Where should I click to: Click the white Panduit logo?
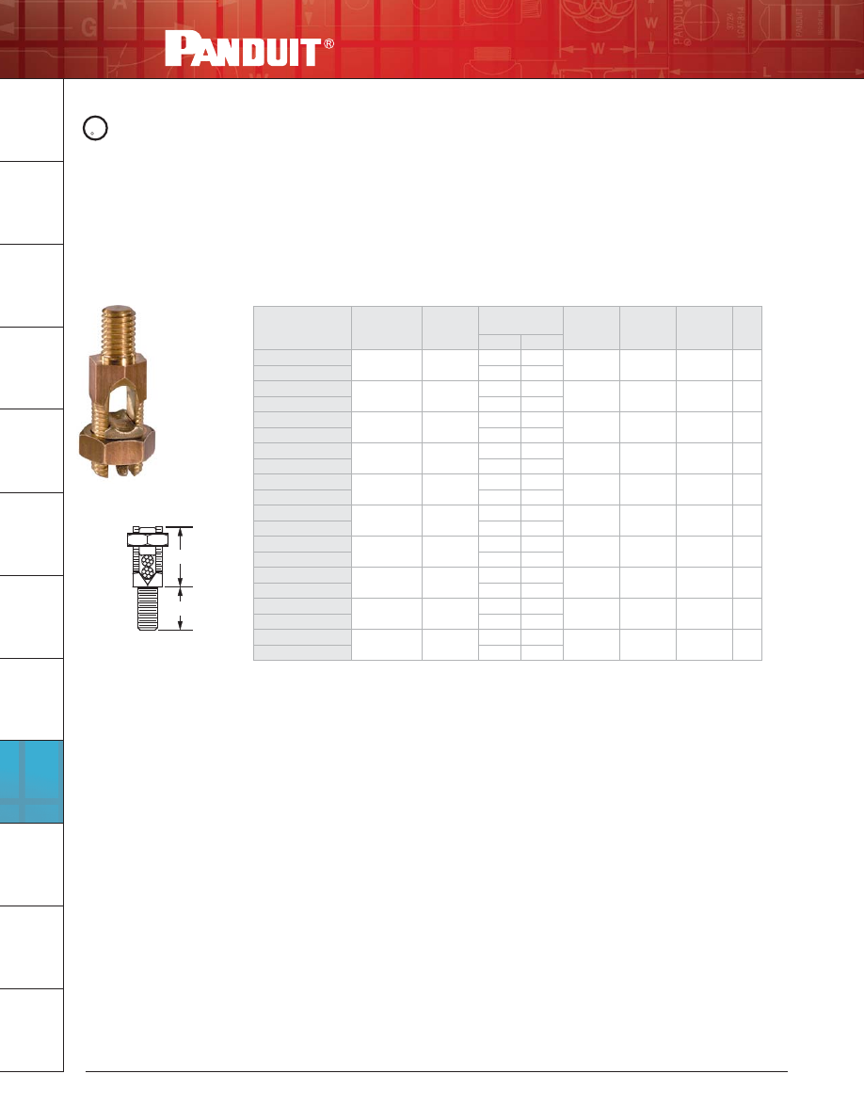pyautogui.click(x=244, y=49)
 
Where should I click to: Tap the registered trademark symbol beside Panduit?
pyautogui.click(x=328, y=43)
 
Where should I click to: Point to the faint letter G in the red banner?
pyautogui.click(x=88, y=27)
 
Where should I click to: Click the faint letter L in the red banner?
pyautogui.click(x=767, y=72)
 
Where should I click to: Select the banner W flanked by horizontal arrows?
pyautogui.click(x=598, y=49)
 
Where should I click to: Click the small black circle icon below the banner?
pyautogui.click(x=95, y=128)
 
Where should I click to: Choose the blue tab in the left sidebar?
pyautogui.click(x=32, y=781)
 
